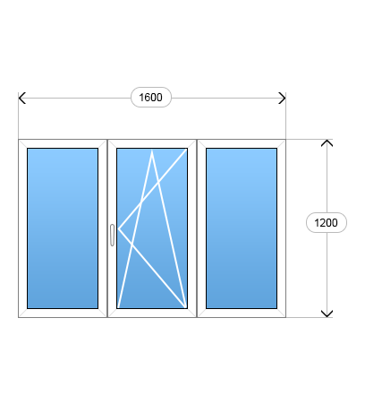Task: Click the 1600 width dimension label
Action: (x=151, y=98)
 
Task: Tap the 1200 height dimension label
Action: (x=327, y=223)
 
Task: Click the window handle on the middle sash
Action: (x=112, y=235)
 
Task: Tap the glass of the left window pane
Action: (x=63, y=228)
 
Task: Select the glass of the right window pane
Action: (x=242, y=228)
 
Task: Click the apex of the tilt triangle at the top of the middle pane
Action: (x=152, y=150)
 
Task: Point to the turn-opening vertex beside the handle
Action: (x=118, y=228)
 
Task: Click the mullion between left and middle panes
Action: (x=107, y=228)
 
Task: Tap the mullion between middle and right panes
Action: (x=197, y=228)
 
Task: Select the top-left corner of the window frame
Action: (x=19, y=140)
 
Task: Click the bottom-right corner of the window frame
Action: (x=285, y=317)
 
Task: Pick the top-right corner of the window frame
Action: (x=285, y=140)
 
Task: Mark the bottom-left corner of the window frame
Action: (x=19, y=317)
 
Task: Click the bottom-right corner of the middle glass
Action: (x=187, y=308)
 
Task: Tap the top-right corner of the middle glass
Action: (x=187, y=149)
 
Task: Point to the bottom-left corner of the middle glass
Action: (x=117, y=308)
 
